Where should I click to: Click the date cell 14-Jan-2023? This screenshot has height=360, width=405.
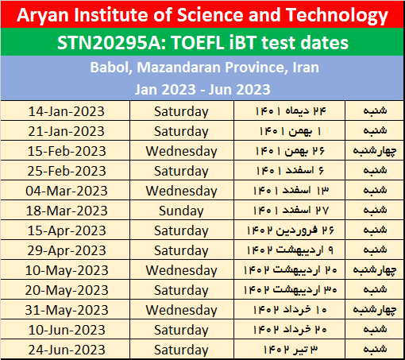[x=66, y=111]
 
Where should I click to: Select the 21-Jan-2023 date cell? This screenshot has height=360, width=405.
[x=66, y=131]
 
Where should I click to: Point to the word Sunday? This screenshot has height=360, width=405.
[x=181, y=211]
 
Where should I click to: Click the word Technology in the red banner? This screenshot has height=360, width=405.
[x=337, y=16]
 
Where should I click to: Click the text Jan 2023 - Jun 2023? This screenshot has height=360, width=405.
[x=202, y=89]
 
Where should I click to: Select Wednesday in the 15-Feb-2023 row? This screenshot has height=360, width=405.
[x=181, y=151]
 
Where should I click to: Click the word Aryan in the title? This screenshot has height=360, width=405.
[x=43, y=16]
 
